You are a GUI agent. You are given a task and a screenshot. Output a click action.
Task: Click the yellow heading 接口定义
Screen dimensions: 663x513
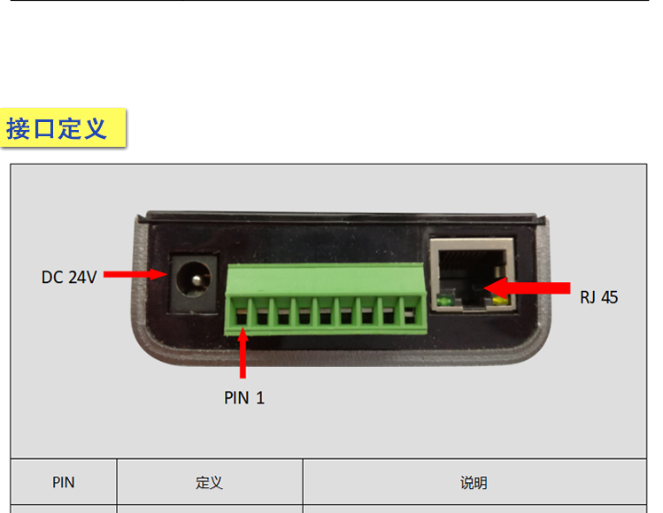[x=57, y=128]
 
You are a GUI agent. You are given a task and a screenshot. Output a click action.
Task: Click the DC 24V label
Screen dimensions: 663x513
[x=69, y=277]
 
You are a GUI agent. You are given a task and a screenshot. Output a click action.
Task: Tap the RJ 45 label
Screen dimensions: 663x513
[x=598, y=297]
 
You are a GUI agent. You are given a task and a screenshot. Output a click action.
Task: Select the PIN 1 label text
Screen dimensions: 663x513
[x=244, y=398]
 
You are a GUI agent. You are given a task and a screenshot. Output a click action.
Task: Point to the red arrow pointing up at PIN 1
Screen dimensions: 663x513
[x=243, y=353]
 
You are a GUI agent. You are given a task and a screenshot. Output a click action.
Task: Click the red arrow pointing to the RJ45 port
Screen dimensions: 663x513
[x=527, y=288]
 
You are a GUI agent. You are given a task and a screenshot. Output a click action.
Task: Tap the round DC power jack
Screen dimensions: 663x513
[x=194, y=279]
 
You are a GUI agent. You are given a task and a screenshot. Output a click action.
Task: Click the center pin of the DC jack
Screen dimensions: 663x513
[x=197, y=280]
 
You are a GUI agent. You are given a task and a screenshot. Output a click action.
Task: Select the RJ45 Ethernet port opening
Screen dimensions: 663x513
[x=472, y=272]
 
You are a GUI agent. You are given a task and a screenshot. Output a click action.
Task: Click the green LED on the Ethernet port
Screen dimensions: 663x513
[x=445, y=301]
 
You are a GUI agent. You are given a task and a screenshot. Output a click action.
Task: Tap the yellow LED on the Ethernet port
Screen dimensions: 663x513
[x=500, y=301]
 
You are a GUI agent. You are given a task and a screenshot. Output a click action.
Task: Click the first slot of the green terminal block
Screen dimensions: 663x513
[x=242, y=317]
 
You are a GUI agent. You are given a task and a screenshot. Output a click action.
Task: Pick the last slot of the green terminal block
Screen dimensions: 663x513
[x=410, y=317]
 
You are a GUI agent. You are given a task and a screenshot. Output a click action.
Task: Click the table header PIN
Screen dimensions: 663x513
[x=64, y=482]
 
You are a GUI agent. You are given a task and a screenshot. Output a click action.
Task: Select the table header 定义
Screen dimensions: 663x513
[x=209, y=482]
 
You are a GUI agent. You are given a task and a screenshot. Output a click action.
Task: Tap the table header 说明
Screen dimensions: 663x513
[x=474, y=482]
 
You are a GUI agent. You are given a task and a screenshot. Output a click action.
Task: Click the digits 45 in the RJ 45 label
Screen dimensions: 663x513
[x=609, y=297]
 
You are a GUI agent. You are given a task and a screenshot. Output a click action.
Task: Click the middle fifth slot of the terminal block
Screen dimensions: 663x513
[x=326, y=317]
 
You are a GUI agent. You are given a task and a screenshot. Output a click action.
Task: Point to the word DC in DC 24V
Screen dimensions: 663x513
[x=52, y=277]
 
